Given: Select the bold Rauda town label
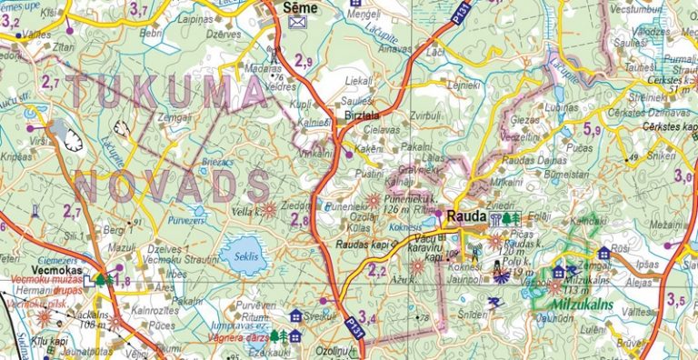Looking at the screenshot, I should coord(464,217).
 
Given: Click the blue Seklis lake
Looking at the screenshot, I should coord(241,255).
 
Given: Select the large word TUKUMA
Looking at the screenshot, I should coord(168,92).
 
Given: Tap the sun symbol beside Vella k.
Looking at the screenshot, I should coord(268,210).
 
